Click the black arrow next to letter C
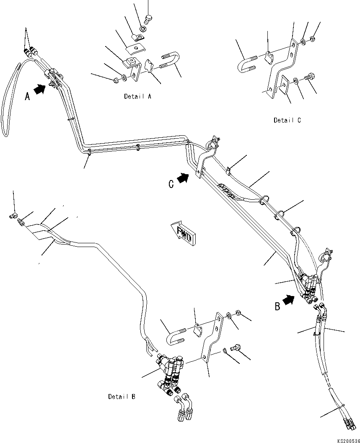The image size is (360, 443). click(183, 178)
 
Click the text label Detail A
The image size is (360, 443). click(137, 96)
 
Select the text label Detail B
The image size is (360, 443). click(122, 396)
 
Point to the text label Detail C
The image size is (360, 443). click(287, 120)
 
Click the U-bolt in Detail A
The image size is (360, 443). click(168, 60)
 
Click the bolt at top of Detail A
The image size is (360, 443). click(148, 18)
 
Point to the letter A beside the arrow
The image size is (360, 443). click(28, 96)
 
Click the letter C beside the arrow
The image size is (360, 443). click(171, 184)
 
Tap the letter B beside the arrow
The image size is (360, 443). click(277, 306)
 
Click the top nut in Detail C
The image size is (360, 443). click(312, 39)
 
